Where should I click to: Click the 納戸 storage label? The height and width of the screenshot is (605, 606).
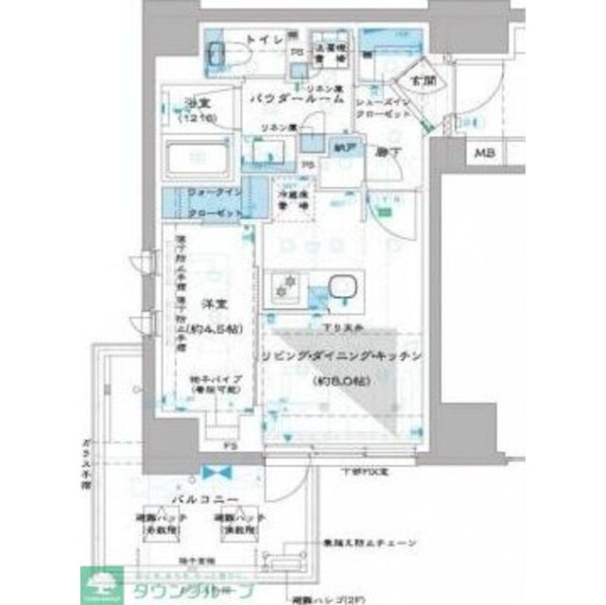(x=343, y=148)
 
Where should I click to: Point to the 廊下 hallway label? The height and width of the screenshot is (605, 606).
(x=384, y=151)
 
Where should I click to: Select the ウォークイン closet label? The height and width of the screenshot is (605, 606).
(x=215, y=192)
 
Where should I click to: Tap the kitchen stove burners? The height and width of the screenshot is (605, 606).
(x=284, y=287)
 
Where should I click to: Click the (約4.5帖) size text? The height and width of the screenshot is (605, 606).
(x=215, y=330)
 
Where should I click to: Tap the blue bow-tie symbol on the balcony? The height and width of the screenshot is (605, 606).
(x=216, y=472)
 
